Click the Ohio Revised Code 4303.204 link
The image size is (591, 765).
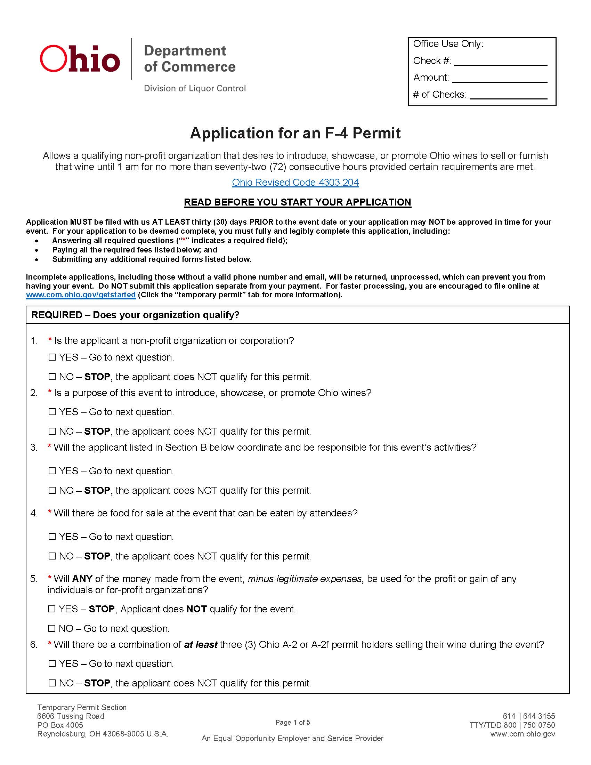pyautogui.click(x=295, y=183)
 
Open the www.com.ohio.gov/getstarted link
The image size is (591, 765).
pyautogui.click(x=81, y=295)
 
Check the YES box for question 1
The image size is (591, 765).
pyautogui.click(x=52, y=357)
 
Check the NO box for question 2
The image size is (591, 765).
pyautogui.click(x=52, y=431)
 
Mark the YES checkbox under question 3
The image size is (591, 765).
pyautogui.click(x=52, y=471)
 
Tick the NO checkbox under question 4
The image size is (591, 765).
pyautogui.click(x=52, y=556)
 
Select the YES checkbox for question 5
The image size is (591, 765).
pyautogui.click(x=52, y=609)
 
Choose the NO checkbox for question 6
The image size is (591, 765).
pyautogui.click(x=52, y=683)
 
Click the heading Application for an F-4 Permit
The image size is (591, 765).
pyautogui.click(x=295, y=133)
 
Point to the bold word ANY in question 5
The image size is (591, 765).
pyautogui.click(x=82, y=579)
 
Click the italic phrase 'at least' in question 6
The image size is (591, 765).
pyautogui.click(x=201, y=644)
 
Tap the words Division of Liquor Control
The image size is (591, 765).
pyautogui.click(x=195, y=88)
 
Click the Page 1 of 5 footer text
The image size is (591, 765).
pyautogui.click(x=292, y=722)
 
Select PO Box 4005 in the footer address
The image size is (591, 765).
pyautogui.click(x=60, y=725)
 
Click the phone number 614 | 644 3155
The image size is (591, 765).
pyautogui.click(x=529, y=716)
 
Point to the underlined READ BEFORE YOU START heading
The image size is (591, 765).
pyautogui.click(x=297, y=202)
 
